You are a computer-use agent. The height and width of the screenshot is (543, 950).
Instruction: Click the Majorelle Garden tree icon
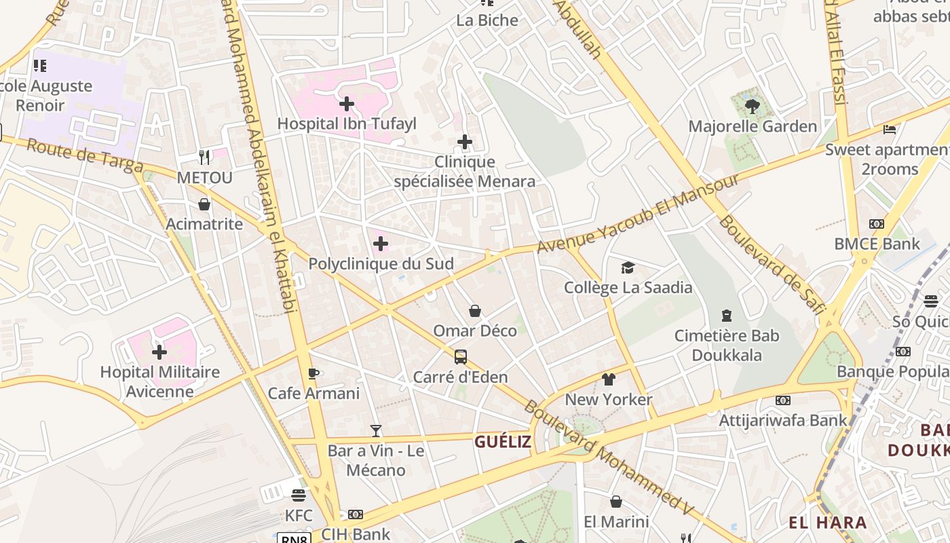tap(752, 106)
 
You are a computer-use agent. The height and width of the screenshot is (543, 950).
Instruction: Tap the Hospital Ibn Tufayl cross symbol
tap(347, 104)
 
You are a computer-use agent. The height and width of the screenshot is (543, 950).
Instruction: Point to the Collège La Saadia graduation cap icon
tap(628, 268)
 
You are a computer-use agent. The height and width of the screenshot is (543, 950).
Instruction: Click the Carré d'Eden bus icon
tap(460, 357)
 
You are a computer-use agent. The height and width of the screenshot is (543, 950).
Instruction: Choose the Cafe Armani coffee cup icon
tap(313, 373)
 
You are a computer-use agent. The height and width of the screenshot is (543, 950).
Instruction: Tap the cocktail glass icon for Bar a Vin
tap(375, 431)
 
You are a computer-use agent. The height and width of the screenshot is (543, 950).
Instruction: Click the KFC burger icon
tap(299, 495)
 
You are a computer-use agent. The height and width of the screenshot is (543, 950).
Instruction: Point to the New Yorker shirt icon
tap(609, 379)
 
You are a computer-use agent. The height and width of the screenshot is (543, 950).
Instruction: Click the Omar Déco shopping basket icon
tap(475, 311)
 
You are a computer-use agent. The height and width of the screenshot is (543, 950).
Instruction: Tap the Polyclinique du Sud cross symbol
tap(381, 244)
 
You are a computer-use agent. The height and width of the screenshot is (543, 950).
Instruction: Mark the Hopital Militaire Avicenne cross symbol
tap(159, 352)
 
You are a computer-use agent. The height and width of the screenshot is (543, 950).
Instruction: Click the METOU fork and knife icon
tap(204, 157)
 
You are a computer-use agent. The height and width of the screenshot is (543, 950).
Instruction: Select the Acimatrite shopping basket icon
tap(204, 204)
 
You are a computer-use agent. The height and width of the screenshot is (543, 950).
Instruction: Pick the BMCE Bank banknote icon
tap(877, 224)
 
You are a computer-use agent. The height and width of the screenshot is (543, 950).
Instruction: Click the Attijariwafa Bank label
tap(783, 420)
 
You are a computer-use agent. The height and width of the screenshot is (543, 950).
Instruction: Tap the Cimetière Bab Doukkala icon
tap(727, 316)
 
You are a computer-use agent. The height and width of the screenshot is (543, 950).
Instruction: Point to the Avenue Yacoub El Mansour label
tap(638, 214)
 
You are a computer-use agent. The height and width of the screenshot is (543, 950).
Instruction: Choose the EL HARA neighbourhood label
tap(827, 523)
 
